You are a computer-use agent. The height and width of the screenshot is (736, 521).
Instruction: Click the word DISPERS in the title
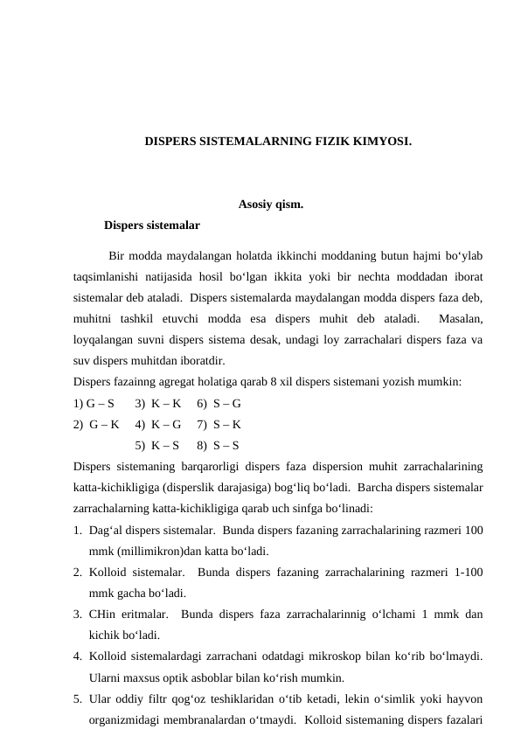point(170,140)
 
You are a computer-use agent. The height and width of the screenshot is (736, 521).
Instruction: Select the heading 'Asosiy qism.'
point(259,205)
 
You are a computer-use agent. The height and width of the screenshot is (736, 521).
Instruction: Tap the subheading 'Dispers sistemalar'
point(151,226)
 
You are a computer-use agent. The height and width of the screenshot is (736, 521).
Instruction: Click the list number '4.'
point(79,656)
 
